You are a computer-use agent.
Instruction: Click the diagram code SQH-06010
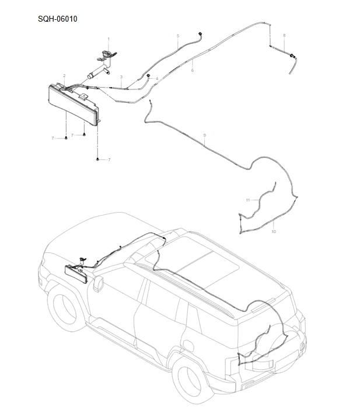[x=58, y=19]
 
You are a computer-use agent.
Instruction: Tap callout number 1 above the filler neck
[x=108, y=39]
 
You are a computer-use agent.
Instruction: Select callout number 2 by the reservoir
[x=64, y=76]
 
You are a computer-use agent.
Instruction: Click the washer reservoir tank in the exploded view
[x=73, y=105]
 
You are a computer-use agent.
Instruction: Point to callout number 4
[x=157, y=78]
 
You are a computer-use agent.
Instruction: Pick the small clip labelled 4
[x=149, y=77]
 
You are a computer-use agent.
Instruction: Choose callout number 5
[x=178, y=36]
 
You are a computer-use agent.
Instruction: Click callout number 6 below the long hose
[x=192, y=70]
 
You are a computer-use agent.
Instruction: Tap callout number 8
[x=284, y=36]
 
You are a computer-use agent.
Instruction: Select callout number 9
[x=204, y=136]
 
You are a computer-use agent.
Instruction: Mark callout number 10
[x=274, y=232]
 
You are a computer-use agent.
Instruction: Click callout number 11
[x=247, y=200]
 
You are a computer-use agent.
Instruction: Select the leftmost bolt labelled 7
[x=66, y=138]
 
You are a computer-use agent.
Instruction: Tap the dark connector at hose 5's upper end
[x=200, y=33]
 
